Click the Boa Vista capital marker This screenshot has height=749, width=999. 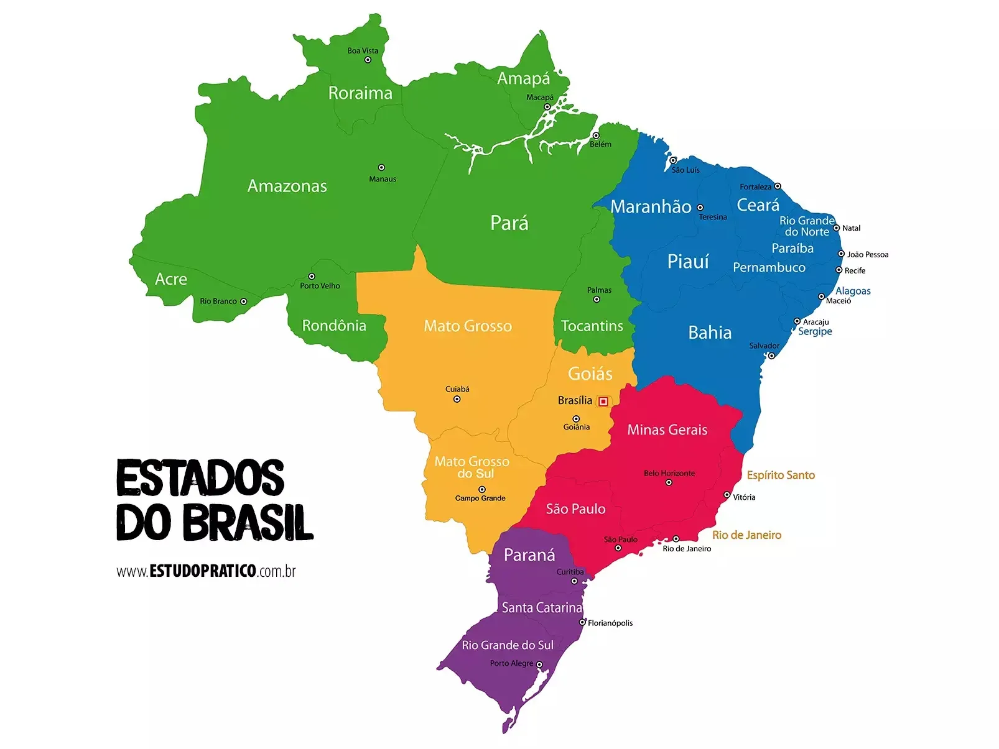click(368, 60)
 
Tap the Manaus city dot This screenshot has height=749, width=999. click(381, 167)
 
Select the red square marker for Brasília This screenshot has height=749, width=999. click(603, 402)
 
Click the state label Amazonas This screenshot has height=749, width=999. click(287, 186)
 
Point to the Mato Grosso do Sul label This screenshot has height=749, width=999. click(472, 467)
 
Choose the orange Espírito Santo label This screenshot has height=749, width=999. click(781, 475)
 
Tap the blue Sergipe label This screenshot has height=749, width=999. click(815, 331)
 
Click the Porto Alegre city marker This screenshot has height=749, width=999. click(539, 664)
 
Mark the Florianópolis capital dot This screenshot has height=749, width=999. click(582, 622)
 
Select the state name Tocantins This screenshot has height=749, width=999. click(592, 326)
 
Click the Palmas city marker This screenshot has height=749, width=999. click(597, 300)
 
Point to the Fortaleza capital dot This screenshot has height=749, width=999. click(778, 186)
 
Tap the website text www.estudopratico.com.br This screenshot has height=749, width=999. click(206, 571)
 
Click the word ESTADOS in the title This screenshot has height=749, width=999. click(200, 478)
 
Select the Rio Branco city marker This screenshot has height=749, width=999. click(243, 301)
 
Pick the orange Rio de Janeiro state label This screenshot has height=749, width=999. click(746, 535)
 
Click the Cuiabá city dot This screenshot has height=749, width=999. click(457, 399)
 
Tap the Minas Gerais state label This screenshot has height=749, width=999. click(667, 430)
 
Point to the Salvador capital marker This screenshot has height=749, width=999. click(771, 356)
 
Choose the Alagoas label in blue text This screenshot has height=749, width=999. click(853, 291)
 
